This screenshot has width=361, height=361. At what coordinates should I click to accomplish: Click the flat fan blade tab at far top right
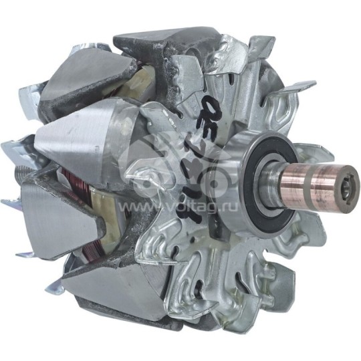click(x=299, y=88)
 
